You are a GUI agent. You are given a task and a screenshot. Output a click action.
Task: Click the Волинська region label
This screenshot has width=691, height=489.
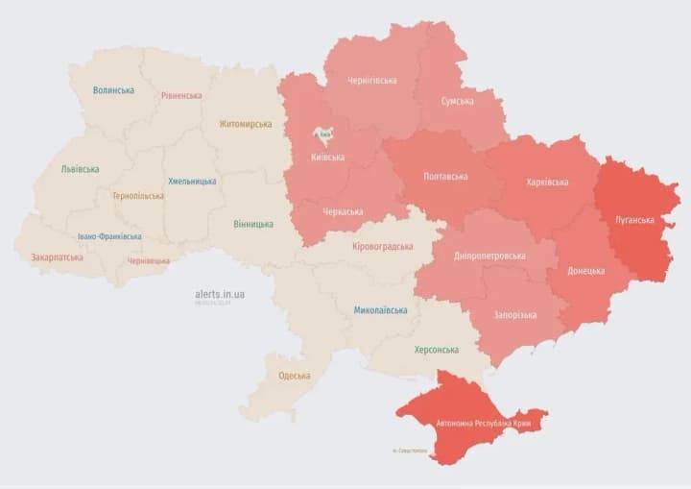pyautogui.click(x=113, y=90)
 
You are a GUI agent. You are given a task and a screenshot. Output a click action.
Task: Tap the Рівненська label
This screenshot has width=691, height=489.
pyautogui.click(x=181, y=96)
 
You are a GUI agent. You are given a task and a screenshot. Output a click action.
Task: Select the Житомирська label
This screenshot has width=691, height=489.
pyautogui.click(x=245, y=124)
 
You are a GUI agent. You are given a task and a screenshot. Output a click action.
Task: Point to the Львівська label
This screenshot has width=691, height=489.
pyautogui.click(x=80, y=169)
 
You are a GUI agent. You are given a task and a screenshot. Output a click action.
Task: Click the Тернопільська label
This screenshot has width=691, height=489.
pyautogui.click(x=137, y=196)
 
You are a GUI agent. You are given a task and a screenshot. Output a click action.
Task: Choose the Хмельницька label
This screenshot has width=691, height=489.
pyautogui.click(x=192, y=181)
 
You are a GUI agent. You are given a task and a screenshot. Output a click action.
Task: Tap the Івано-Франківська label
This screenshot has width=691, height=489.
pyautogui.click(x=109, y=236)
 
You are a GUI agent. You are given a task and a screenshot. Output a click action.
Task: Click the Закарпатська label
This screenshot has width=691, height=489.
pyautogui.click(x=57, y=257)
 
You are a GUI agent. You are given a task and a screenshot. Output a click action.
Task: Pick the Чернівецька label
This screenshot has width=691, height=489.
pyautogui.click(x=149, y=260)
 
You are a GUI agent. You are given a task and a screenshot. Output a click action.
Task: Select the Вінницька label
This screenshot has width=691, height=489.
pyautogui.click(x=252, y=224)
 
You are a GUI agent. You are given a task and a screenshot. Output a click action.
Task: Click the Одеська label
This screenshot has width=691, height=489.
pyautogui.click(x=294, y=376)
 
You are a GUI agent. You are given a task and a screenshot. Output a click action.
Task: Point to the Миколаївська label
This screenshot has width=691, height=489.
pyautogui.click(x=380, y=310)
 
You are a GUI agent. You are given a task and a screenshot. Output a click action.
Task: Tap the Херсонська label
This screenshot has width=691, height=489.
pyautogui.click(x=436, y=350)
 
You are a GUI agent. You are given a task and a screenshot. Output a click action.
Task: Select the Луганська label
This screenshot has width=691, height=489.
pyautogui.click(x=634, y=220)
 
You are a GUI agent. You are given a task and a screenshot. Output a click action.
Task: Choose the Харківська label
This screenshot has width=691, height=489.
pyautogui.click(x=547, y=182)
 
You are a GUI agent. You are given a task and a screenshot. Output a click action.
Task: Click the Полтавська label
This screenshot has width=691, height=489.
pyautogui.click(x=445, y=177)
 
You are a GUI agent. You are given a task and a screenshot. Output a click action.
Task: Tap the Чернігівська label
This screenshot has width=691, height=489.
pyautogui.click(x=371, y=81)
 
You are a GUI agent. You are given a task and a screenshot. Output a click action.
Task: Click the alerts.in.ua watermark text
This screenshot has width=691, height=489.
pyautogui.click(x=219, y=293)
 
